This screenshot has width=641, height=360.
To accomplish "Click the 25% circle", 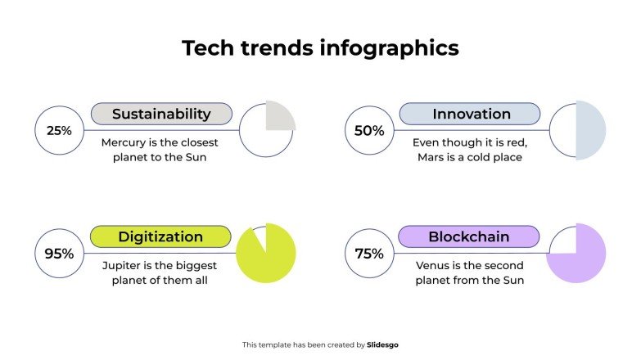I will pos(59,130).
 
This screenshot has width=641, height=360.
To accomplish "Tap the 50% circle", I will pos(369,130).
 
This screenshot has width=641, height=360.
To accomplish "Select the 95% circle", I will pos(59,254).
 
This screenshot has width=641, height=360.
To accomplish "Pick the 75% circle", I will pos(369,254).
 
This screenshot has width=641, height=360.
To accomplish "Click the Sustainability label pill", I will pos(161,114).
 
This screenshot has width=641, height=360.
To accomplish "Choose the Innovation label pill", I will pos(471,114).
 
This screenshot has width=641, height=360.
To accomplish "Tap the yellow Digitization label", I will pos(160,237).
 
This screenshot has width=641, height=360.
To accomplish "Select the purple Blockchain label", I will pos(469,237).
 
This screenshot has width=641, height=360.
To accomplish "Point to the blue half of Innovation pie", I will pos(590,130).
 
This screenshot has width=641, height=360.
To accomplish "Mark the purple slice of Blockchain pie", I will pos(583,262).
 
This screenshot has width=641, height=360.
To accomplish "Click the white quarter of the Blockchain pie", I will pos(563,241).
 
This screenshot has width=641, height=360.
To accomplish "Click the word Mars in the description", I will pos(431,157).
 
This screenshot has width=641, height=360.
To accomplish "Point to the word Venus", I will pos(434,266).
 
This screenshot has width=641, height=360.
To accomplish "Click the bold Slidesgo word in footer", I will pos(383,345).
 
